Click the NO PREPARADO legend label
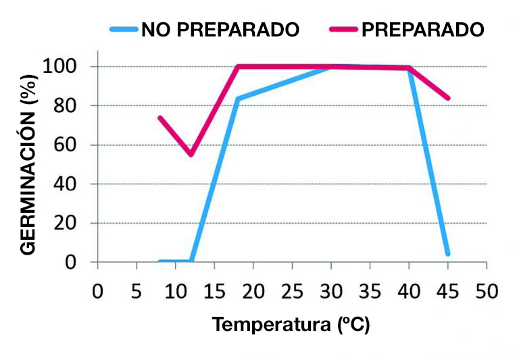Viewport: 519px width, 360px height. pyautogui.click(x=220, y=30)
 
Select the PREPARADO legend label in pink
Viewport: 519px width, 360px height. pyautogui.click(x=423, y=30)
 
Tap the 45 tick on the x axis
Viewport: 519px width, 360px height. pyautogui.click(x=447, y=292)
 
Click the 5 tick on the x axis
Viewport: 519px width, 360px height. pyautogui.click(x=137, y=292)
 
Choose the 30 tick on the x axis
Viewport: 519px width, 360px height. pyautogui.click(x=331, y=292)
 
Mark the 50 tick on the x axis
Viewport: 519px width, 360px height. pyautogui.click(x=487, y=292)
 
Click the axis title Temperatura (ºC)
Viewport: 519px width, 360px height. pyautogui.click(x=291, y=325)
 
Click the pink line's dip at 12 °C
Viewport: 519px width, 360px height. pyautogui.click(x=191, y=155)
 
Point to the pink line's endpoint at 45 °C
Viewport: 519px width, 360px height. pyautogui.click(x=447, y=98)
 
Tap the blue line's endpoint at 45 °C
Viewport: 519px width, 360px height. pyautogui.click(x=447, y=254)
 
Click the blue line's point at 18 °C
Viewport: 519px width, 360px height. pyautogui.click(x=238, y=99)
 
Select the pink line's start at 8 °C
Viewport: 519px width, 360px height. pyautogui.click(x=160, y=118)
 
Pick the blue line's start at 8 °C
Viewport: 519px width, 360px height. pyautogui.click(x=160, y=261)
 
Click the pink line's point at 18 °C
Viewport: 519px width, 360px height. pyautogui.click(x=238, y=66)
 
